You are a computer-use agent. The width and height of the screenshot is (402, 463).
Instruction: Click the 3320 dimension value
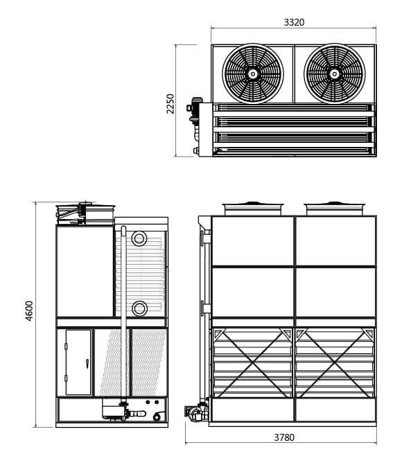pyautogui.click(x=294, y=22)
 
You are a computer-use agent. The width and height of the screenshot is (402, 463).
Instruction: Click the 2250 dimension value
pyautogui.click(x=171, y=105)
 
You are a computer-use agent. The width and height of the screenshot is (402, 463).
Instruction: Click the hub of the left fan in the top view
pyautogui.click(x=252, y=73)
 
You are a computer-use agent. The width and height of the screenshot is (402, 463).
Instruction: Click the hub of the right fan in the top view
pyautogui.click(x=335, y=73)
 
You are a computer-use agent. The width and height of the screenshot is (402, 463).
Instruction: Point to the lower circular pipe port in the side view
pyautogui.click(x=139, y=308)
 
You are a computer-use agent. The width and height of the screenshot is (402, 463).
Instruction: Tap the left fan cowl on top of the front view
pyautogui.click(x=252, y=207)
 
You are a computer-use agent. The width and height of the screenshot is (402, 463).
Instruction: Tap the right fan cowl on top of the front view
pyautogui.click(x=335, y=207)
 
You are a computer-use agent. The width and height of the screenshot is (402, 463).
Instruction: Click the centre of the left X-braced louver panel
pyautogui.click(x=252, y=362)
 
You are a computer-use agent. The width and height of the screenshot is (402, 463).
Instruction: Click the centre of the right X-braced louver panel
pyautogui.click(x=335, y=362)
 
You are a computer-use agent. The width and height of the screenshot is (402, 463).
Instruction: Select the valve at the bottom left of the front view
pyautogui.click(x=194, y=414)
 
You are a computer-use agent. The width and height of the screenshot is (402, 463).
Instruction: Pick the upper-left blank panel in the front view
pyautogui.click(x=252, y=241)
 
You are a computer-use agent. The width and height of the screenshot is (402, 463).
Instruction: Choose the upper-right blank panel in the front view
pyautogui.click(x=335, y=241)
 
